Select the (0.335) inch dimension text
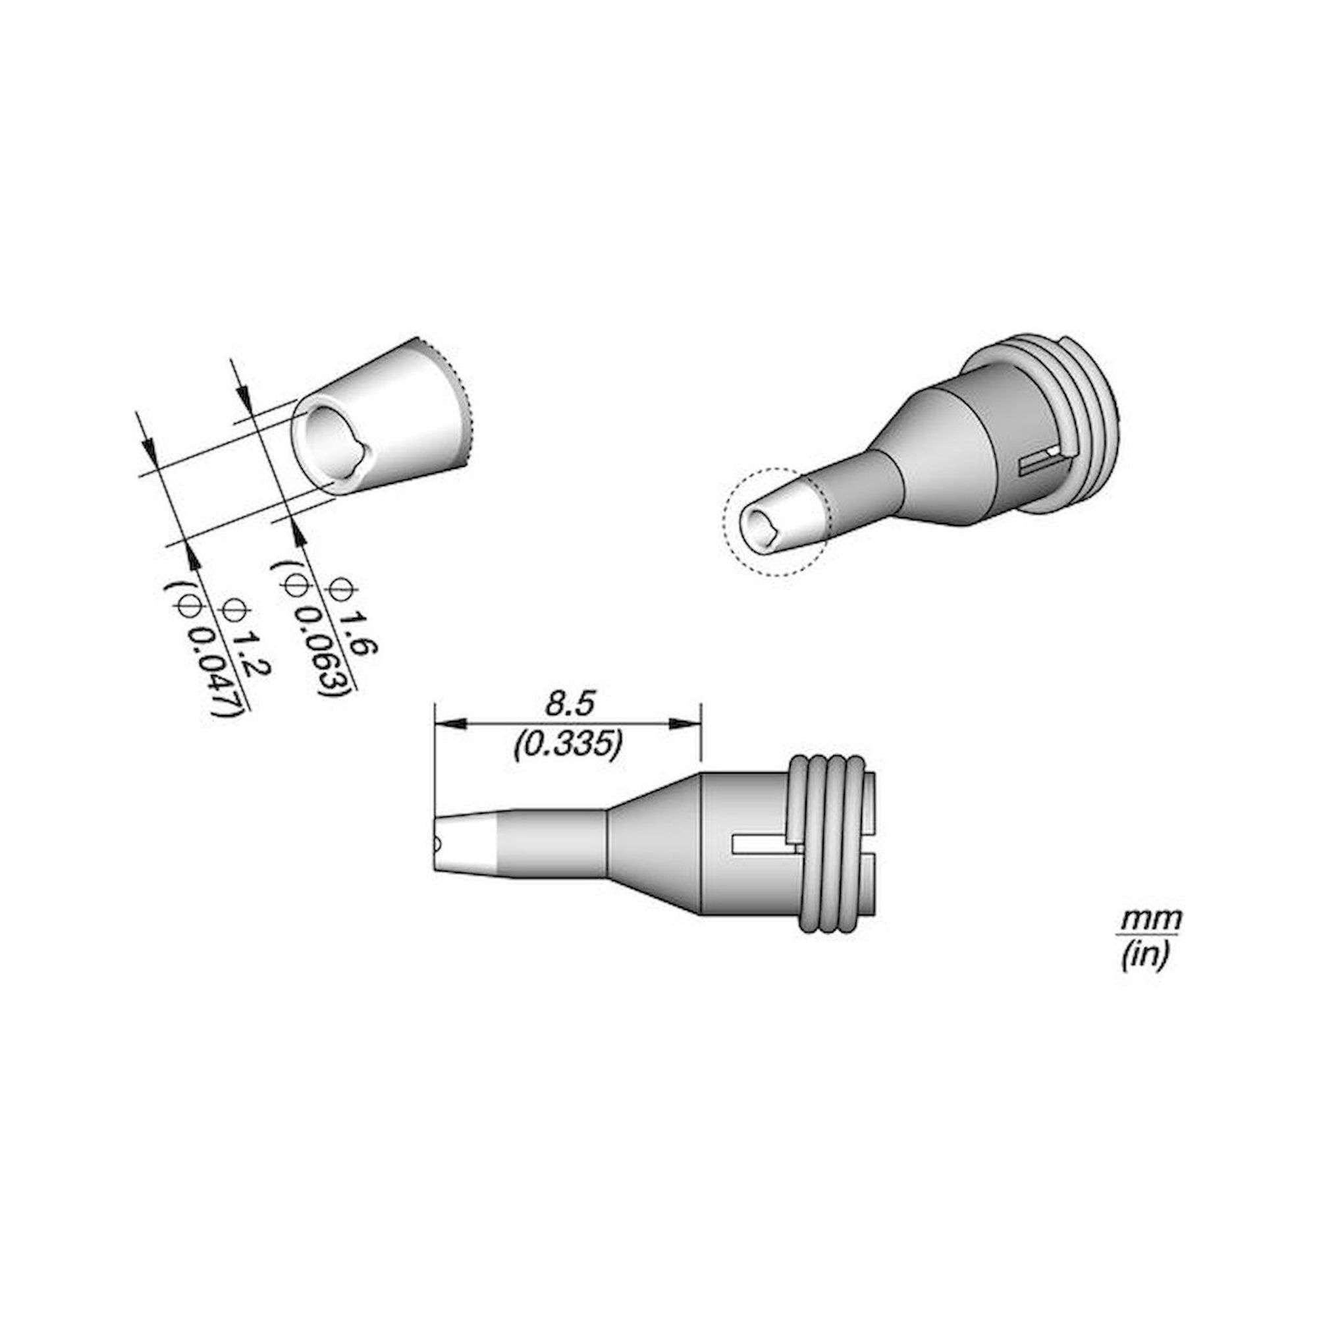tap(566, 746)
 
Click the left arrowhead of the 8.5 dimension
tap(450, 724)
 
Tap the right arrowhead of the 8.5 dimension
tap(685, 724)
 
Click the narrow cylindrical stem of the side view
tap(552, 844)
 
